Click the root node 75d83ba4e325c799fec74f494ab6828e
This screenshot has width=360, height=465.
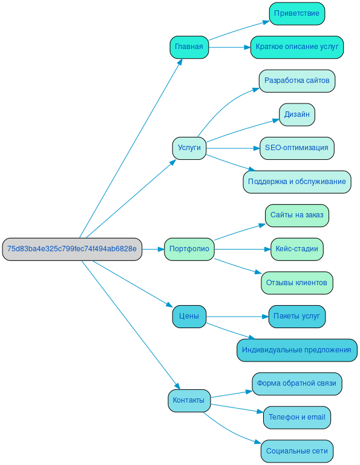point(72,249)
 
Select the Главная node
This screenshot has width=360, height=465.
point(189,47)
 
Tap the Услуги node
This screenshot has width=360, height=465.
point(189,148)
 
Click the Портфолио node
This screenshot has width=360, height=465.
point(189,249)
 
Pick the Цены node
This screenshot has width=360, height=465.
point(189,316)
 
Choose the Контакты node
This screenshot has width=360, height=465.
point(189,400)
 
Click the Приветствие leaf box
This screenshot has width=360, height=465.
point(297,13)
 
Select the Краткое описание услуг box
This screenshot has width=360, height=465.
point(297,47)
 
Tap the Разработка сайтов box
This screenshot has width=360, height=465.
point(297,81)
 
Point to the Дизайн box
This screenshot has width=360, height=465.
point(297,114)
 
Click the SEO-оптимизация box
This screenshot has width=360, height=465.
point(297,148)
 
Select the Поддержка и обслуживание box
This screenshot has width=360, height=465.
point(297,182)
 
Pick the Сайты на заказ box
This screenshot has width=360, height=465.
point(297,215)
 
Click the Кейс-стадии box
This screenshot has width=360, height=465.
point(297,249)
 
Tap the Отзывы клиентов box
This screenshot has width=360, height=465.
point(297,283)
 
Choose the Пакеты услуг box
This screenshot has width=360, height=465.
point(297,316)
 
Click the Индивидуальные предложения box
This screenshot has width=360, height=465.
point(297,350)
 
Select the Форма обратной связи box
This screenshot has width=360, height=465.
point(297,383)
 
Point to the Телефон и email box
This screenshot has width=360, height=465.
point(297,417)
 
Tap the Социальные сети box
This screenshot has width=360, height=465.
point(297,451)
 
